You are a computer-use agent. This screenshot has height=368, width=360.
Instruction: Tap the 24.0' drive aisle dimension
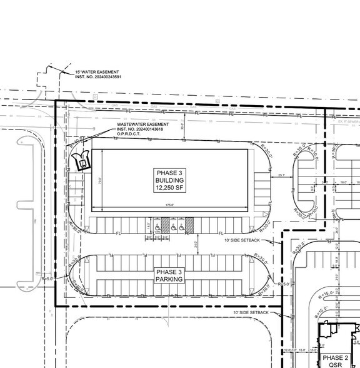click(x=196, y=244)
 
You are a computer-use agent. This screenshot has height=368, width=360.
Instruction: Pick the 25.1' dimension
click(x=282, y=176)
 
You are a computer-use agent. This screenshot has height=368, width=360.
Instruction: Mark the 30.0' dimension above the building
click(x=182, y=133)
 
